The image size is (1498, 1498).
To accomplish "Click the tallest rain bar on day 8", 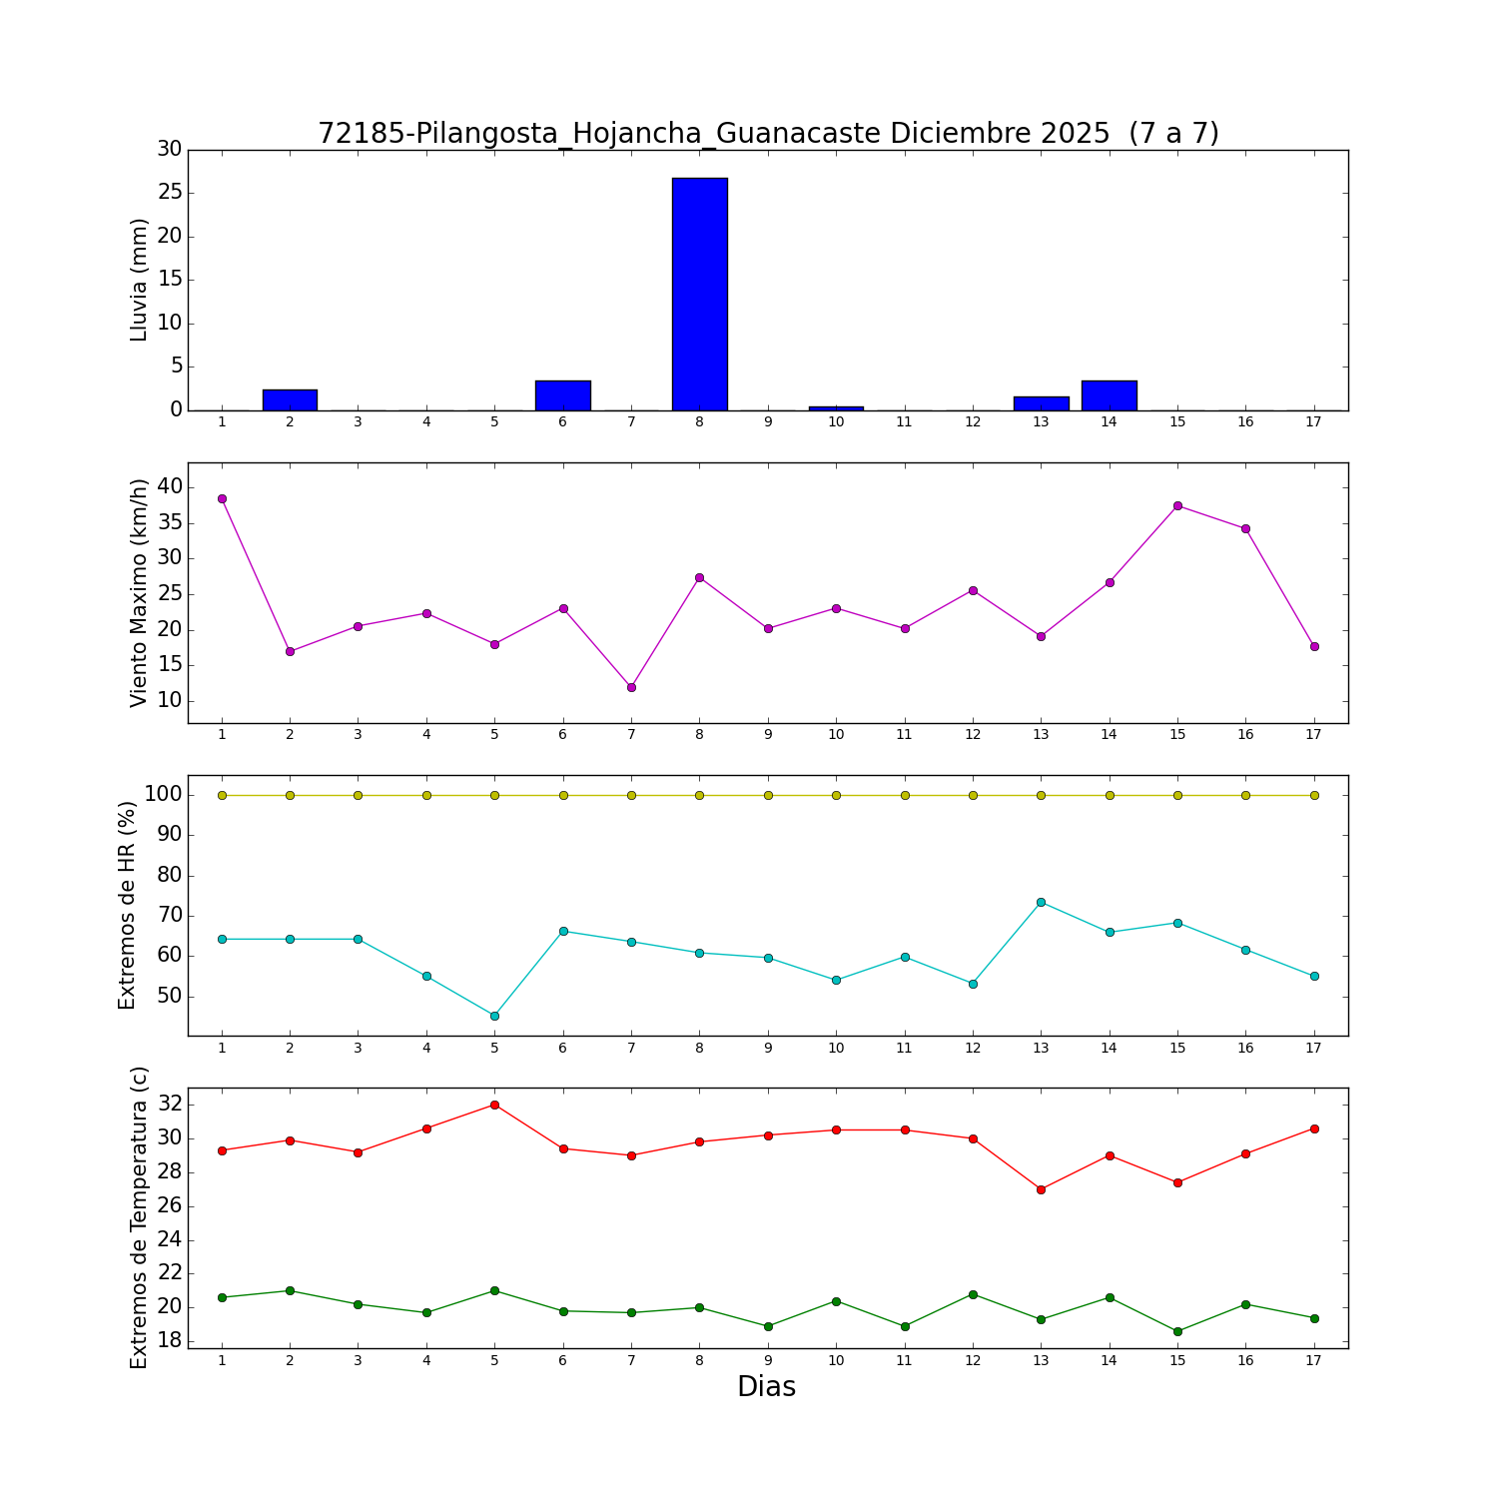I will pos(699,294).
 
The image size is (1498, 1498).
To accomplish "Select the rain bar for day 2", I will pos(290,399).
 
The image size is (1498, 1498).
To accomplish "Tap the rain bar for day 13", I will pos(1041,403).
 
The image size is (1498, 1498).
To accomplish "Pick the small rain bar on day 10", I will pos(836,408).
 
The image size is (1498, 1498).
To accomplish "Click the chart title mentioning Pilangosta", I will pos(768,133).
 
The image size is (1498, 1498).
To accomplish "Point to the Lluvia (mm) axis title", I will pos(140,280).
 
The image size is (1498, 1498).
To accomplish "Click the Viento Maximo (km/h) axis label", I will pos(140,592).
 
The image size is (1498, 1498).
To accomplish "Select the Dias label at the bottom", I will pos(766,1387).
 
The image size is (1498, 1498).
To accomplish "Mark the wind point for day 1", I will pos(222,498).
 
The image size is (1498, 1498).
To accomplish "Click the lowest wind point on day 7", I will pos(631,687).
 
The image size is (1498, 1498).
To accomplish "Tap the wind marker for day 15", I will pos(1177,505).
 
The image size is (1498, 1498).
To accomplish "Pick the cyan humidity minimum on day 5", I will pos(494,1016).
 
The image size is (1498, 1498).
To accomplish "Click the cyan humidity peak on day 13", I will pos(1041,902).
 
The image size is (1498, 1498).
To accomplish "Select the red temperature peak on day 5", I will pos(494,1105).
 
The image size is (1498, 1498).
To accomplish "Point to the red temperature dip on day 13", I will pos(1041,1189).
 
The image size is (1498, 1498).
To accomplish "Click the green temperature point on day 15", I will pos(1177,1331).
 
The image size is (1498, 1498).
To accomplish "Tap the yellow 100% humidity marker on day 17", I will pos(1314,795).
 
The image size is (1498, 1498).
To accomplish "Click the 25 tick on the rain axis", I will pos(170,193).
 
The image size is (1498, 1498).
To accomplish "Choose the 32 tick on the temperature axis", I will pos(170,1105).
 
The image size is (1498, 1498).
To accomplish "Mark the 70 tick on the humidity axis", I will pos(170,916).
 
